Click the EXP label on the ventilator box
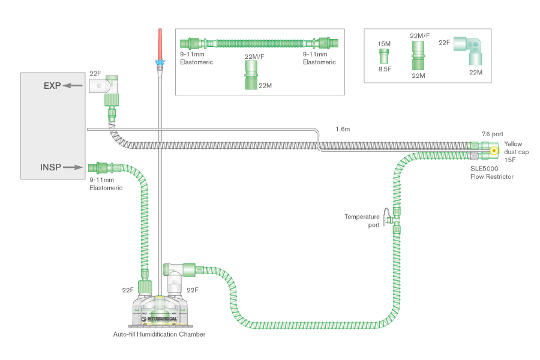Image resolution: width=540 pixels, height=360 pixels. [x=52, y=86]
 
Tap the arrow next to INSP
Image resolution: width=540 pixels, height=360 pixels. [x=73, y=167]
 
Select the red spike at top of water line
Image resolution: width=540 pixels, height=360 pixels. [x=159, y=42]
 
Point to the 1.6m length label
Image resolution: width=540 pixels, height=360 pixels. [x=343, y=129]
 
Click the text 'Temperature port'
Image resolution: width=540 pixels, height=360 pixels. [x=362, y=220]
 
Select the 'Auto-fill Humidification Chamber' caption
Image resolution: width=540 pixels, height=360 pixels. [x=159, y=334]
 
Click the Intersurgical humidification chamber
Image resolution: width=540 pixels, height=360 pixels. [x=159, y=309]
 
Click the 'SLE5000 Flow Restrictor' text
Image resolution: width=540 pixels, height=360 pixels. [x=492, y=172]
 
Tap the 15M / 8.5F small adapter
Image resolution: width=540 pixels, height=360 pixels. [x=384, y=56]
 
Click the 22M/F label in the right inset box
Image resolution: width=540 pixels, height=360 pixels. [x=419, y=36]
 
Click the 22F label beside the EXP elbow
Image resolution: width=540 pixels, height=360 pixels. [x=95, y=73]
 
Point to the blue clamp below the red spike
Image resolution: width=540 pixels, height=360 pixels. [x=159, y=62]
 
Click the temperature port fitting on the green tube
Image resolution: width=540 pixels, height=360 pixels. [x=391, y=216]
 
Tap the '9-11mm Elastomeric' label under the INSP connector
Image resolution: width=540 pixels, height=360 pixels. [x=106, y=184]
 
